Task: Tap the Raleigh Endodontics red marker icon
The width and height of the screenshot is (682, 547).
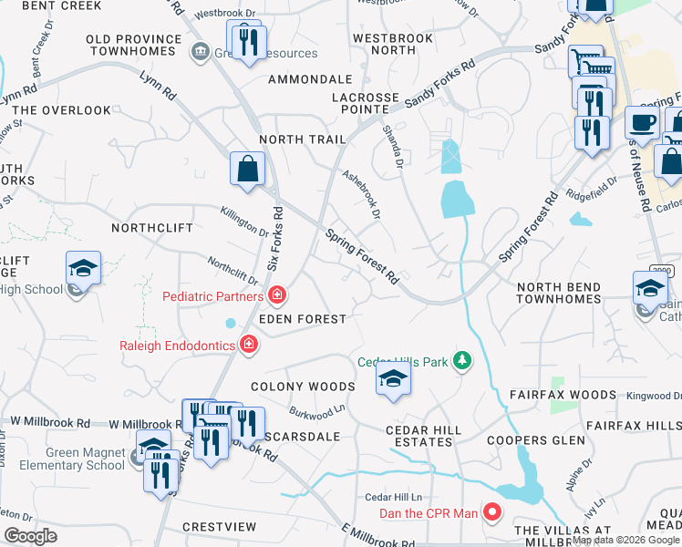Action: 247,344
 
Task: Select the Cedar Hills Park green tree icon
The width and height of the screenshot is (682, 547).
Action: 463,362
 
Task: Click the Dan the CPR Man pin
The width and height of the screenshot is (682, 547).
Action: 492,512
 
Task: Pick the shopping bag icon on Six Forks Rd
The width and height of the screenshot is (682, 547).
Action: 247,169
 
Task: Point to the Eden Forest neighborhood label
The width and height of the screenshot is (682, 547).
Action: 302,319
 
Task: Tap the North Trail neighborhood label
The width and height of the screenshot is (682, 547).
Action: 302,139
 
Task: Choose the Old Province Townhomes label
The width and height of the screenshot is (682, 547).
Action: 134,46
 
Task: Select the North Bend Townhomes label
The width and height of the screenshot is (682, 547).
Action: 559,293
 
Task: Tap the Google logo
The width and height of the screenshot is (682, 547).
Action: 30,536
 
